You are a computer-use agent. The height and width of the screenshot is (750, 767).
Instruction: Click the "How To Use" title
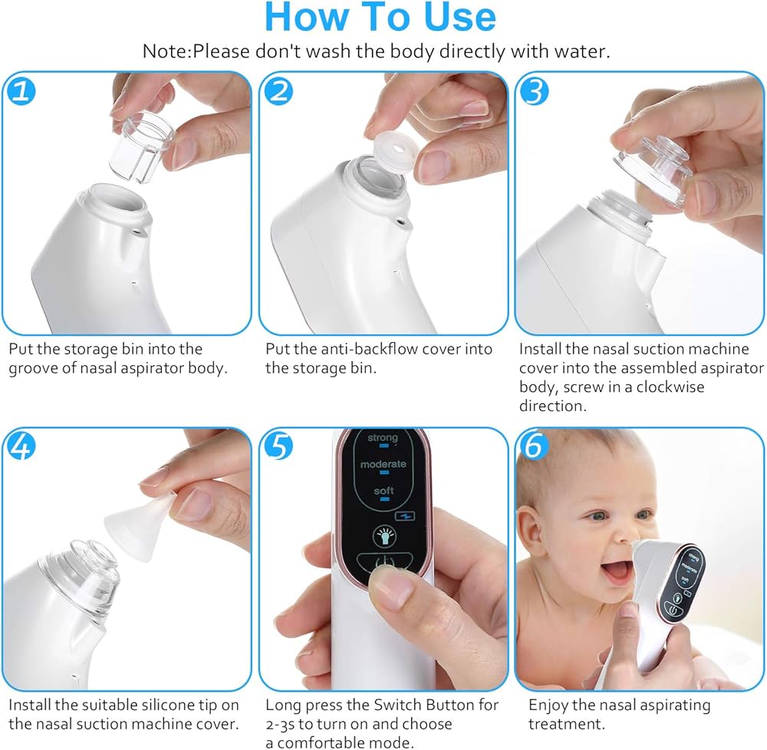point(380,18)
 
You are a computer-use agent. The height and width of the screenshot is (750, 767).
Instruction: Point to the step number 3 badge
point(535,91)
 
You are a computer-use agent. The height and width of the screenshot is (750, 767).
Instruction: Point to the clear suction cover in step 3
point(652,173)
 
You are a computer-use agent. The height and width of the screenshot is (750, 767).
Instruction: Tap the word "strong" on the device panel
point(383,438)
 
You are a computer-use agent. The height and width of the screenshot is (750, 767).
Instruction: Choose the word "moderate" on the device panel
point(383,465)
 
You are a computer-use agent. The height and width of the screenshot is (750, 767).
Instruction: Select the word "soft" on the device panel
point(383,490)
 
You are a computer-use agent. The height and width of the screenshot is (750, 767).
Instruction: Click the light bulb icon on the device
point(383,535)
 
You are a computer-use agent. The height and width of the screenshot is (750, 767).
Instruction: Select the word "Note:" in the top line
point(166,52)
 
